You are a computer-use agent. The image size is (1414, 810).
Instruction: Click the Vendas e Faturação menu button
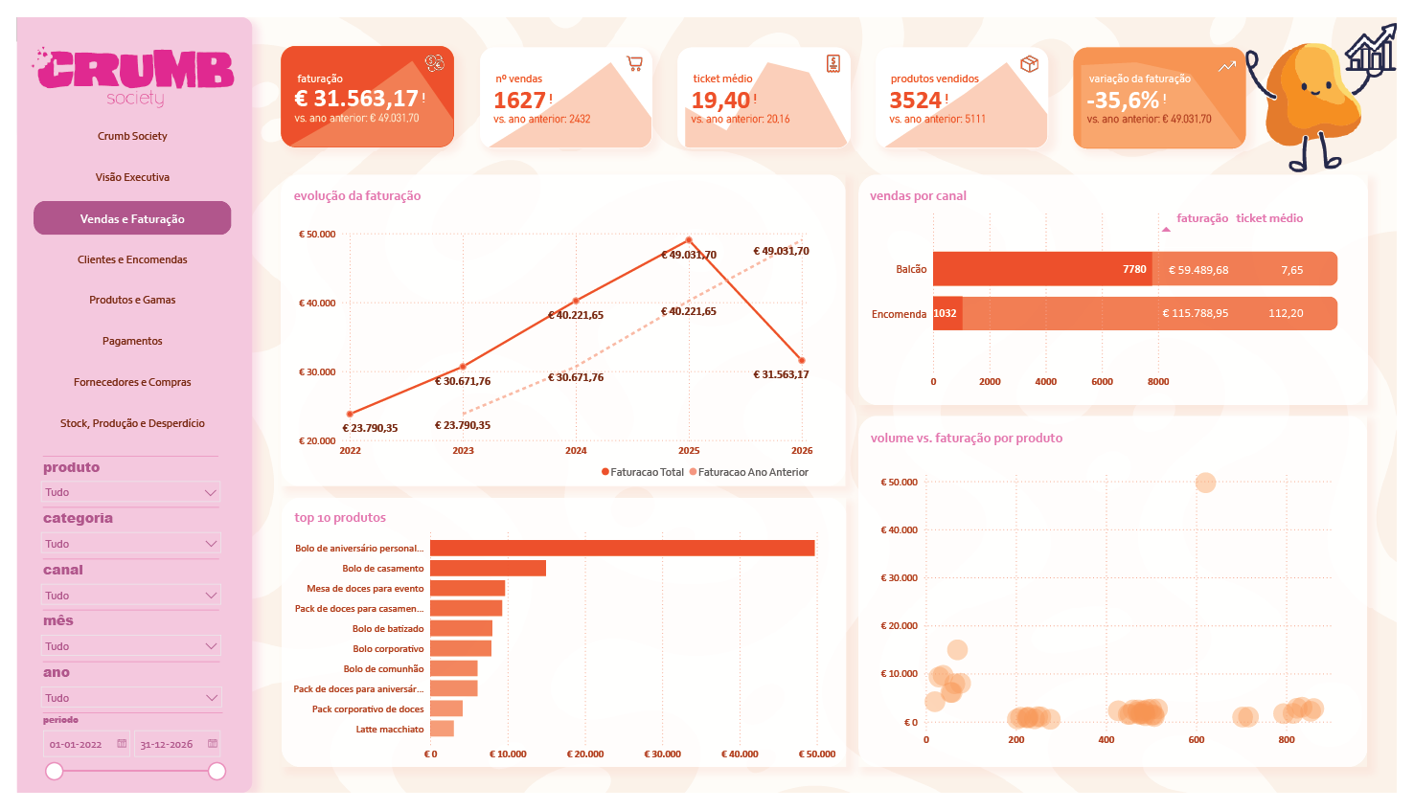click(x=132, y=218)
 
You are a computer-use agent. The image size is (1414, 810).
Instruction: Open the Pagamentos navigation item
click(x=132, y=341)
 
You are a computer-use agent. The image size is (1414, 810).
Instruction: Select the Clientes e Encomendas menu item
click(x=132, y=259)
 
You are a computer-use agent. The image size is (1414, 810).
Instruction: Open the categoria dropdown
click(x=130, y=544)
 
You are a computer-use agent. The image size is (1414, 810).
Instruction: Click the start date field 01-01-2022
click(x=85, y=744)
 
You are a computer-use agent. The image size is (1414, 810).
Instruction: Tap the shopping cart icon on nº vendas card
click(x=634, y=63)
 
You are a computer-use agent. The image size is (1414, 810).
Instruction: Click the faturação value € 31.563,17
click(x=356, y=99)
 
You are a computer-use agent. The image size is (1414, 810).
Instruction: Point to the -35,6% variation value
click(x=1123, y=100)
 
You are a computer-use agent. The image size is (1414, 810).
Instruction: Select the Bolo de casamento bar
click(x=488, y=569)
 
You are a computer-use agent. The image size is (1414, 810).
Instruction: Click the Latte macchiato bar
click(x=442, y=729)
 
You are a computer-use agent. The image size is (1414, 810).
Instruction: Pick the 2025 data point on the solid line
click(x=689, y=240)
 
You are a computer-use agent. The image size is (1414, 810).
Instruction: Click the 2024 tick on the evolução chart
click(x=576, y=450)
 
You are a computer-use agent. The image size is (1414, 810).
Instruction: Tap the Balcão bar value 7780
click(x=1133, y=269)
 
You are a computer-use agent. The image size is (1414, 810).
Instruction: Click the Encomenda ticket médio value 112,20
click(x=1286, y=313)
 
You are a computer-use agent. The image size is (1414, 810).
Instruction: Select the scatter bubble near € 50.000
click(x=1206, y=483)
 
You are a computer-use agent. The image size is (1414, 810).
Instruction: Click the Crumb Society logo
click(x=134, y=77)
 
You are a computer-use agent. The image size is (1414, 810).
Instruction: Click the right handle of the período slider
click(x=217, y=771)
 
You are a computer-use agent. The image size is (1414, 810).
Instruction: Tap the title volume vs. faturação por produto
click(x=967, y=438)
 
